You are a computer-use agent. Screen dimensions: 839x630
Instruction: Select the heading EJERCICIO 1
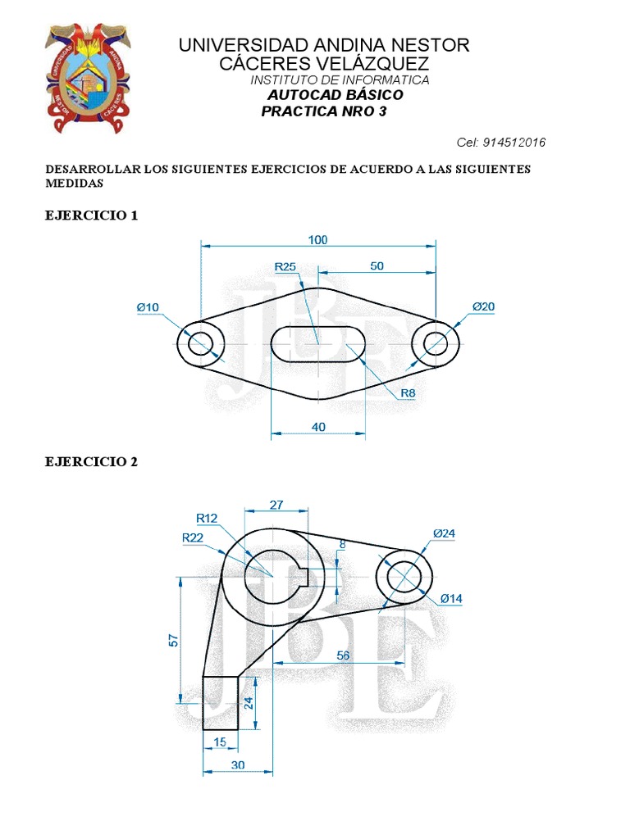pos(91,216)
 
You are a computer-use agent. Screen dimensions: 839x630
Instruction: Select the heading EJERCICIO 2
pos(91,462)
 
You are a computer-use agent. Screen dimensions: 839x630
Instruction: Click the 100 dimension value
pos(318,239)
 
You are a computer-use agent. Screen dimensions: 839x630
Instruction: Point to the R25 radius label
pos(285,266)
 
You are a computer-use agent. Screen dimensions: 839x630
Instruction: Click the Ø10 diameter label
pos(148,307)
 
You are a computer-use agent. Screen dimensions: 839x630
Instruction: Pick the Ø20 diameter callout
pos(483,307)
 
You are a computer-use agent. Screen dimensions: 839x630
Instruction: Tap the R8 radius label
pos(408,394)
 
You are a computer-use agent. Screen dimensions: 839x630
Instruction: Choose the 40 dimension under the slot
pos(318,426)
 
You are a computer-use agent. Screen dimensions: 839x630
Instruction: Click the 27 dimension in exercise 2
pos(277,506)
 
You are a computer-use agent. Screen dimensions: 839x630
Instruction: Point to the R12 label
pos(207,518)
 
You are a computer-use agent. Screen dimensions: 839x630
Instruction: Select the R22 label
pos(192,537)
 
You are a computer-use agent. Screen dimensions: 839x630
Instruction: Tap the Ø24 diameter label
pos(444,534)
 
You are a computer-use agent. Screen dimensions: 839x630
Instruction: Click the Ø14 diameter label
pos(451,599)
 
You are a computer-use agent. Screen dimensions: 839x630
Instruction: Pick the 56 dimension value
pos(343,655)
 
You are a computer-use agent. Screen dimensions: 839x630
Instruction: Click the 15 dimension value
pos(220,742)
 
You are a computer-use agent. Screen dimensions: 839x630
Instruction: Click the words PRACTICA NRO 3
pos(323,111)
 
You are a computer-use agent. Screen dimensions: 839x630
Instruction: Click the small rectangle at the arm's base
pos(221,702)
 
